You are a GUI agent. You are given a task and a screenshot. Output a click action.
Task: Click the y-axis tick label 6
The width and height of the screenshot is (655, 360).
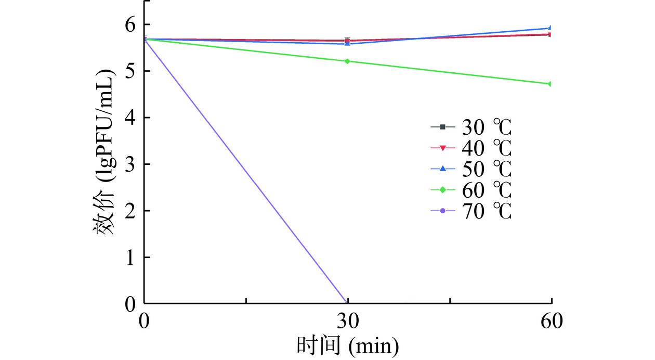(x=130, y=24)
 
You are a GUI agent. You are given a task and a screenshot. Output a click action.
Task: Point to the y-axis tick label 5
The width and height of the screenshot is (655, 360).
(x=130, y=71)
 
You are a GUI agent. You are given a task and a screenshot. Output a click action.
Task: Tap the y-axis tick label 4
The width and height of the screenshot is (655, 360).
(x=130, y=118)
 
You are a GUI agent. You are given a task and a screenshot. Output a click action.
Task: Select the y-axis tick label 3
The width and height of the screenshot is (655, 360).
(x=130, y=164)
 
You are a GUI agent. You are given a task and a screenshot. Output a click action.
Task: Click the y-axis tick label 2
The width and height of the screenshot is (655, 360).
(x=130, y=211)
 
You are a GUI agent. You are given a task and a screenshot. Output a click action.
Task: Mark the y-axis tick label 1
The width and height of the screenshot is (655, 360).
(x=130, y=258)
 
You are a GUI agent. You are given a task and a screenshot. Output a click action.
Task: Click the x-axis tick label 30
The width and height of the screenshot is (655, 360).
(x=348, y=321)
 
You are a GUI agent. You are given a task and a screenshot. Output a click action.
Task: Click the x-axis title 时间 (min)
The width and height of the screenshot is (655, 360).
(x=348, y=345)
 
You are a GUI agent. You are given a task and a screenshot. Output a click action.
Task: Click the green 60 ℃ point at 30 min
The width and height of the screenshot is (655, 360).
(x=348, y=61)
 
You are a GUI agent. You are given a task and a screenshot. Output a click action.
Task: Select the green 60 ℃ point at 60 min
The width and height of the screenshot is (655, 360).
(x=550, y=84)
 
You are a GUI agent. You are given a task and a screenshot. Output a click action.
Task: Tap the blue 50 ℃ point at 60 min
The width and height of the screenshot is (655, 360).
(x=550, y=28)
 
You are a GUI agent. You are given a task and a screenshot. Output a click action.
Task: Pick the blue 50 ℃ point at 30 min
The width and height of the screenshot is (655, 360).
(x=348, y=44)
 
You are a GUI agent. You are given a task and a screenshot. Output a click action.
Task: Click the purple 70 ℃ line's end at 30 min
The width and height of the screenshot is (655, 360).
(x=346, y=302)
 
